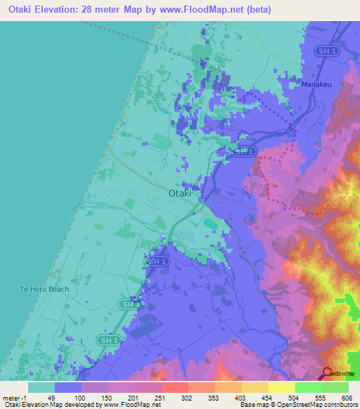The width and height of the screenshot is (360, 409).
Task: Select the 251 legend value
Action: coord(162,397)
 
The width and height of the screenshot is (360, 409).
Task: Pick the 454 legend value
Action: coord(269,397)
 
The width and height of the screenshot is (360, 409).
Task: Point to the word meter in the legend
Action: coord(11,397)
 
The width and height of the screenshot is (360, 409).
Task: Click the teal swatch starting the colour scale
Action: coord(41,387)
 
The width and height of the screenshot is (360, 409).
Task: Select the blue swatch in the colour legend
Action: coord(68,387)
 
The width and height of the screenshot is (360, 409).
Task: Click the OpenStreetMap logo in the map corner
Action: coord(338,373)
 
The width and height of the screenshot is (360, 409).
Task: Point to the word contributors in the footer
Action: coord(340,405)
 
